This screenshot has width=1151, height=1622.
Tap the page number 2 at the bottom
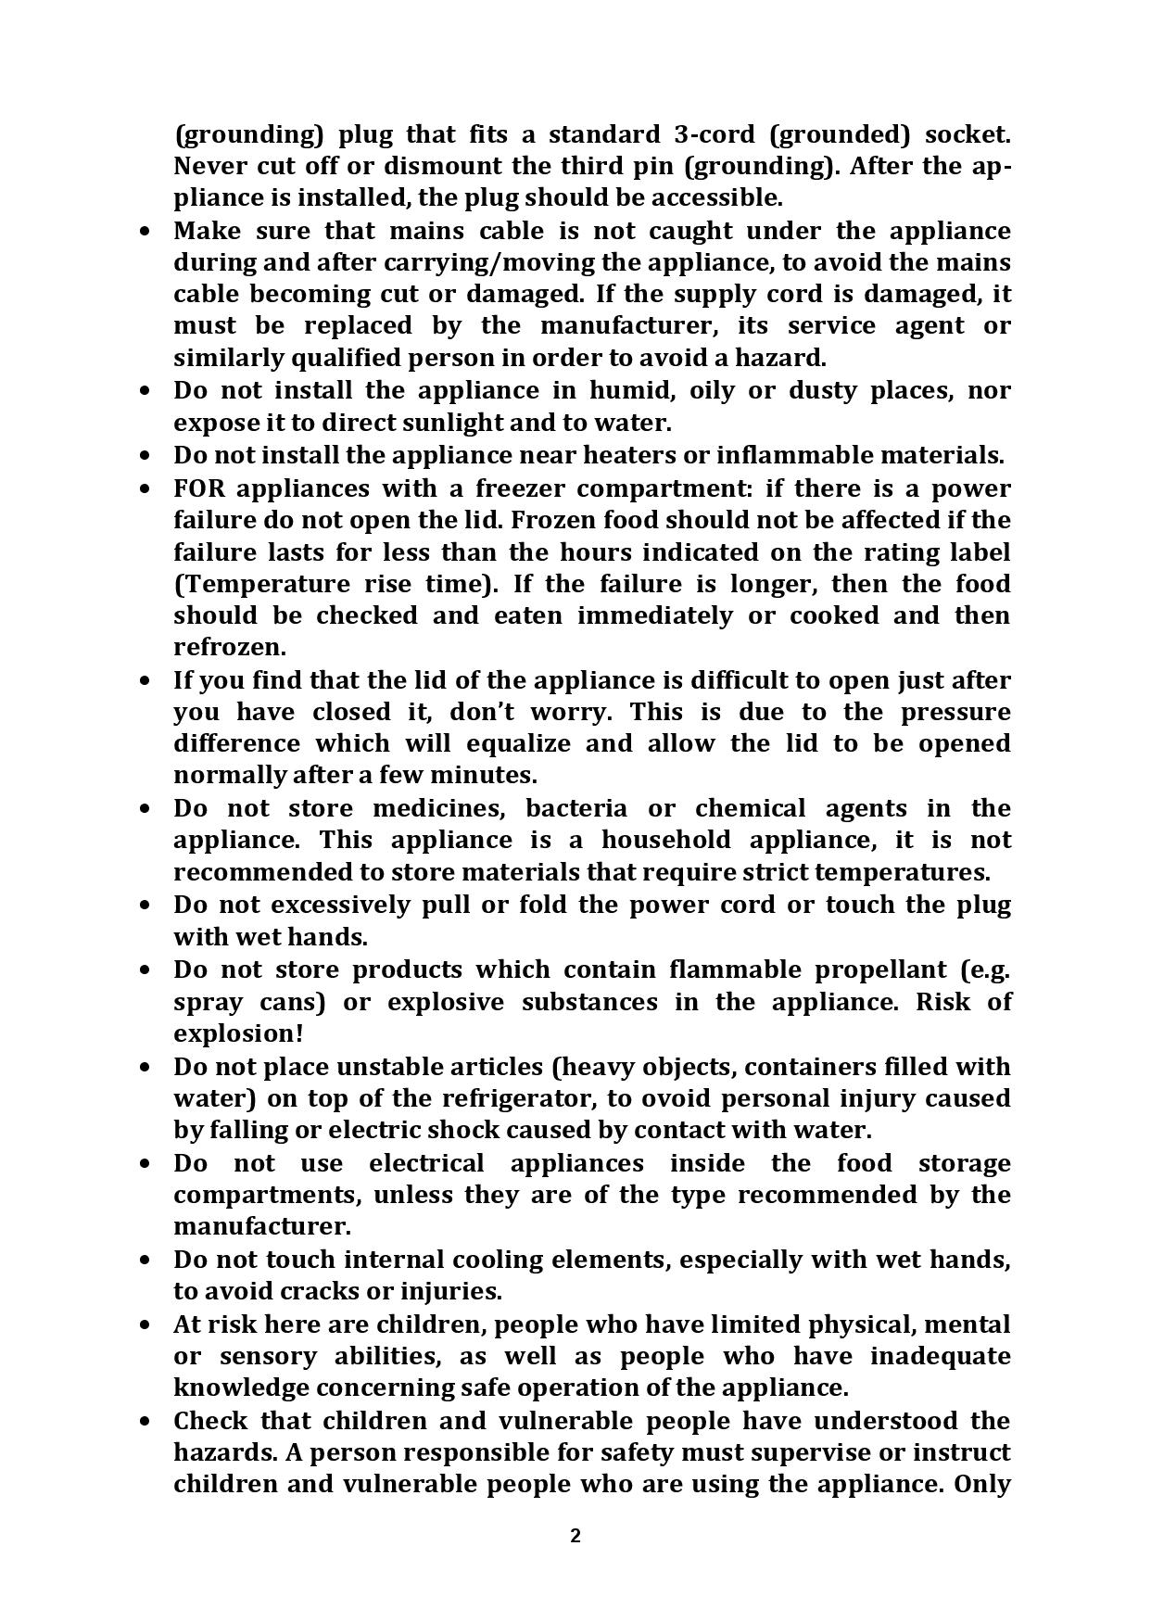click(x=575, y=1536)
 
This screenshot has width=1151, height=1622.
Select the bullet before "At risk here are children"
click(x=145, y=1324)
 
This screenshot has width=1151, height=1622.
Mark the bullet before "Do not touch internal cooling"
click(x=145, y=1260)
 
